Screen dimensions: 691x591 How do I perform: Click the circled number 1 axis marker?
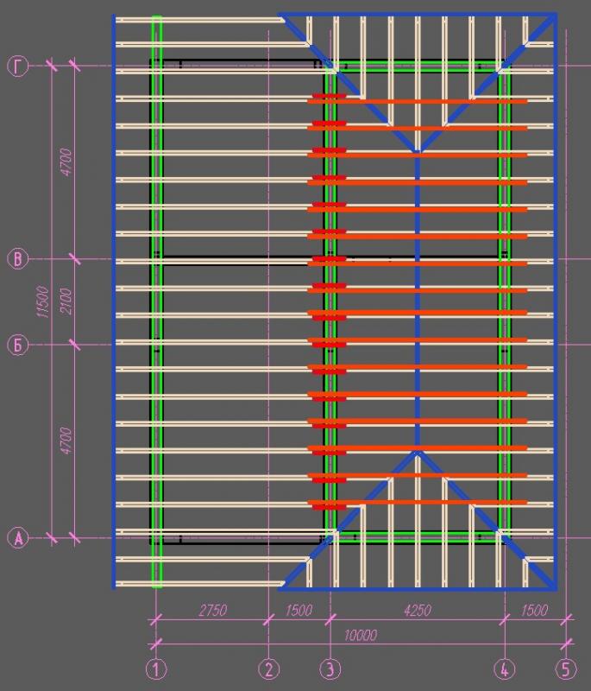tap(156, 669)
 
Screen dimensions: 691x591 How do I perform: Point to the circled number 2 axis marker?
tap(269, 669)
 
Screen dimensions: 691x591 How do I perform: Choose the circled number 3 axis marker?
tap(330, 669)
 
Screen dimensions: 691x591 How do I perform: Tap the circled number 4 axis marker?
tap(504, 669)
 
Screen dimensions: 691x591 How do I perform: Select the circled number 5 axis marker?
tap(565, 669)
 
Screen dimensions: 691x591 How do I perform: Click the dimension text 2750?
tap(212, 611)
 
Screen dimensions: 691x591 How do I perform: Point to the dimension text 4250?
tap(417, 611)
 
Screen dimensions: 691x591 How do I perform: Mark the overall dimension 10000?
tap(360, 636)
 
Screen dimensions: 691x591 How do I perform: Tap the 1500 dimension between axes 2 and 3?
tap(299, 611)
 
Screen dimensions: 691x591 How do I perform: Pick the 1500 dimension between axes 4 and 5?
tap(535, 611)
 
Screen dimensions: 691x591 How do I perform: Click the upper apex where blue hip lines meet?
tap(418, 153)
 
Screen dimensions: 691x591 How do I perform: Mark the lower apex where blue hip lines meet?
tap(418, 451)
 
